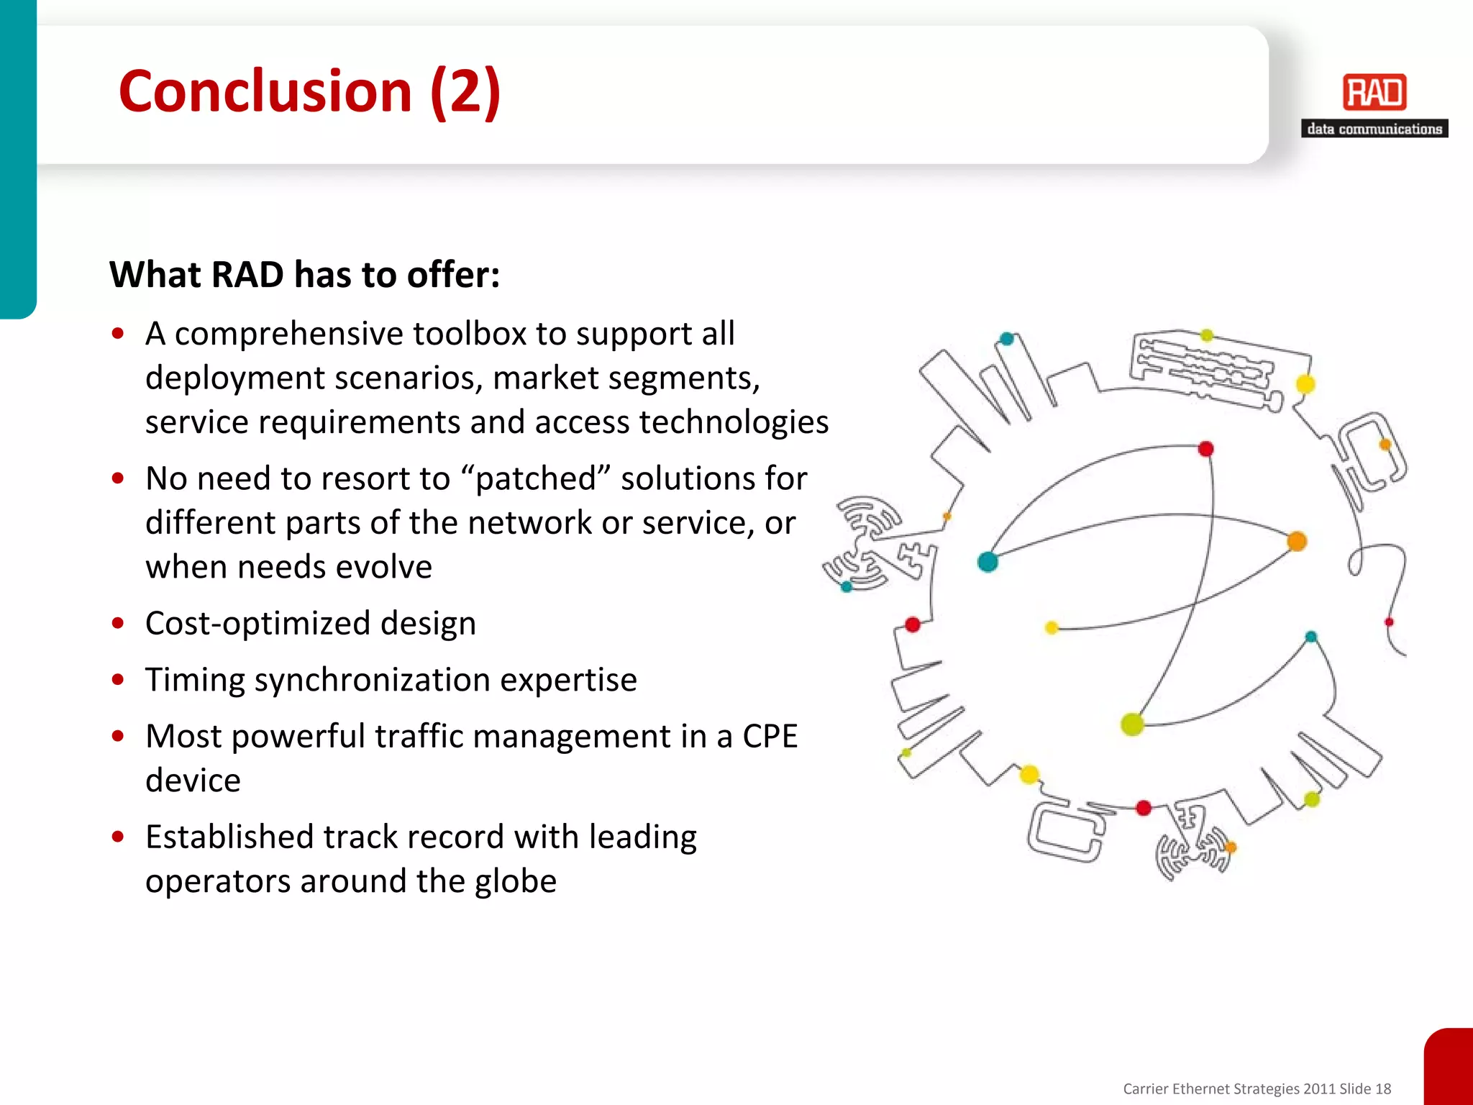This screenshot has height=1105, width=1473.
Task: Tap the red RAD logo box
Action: pyautogui.click(x=1374, y=93)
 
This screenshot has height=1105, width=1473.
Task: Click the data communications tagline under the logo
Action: pyautogui.click(x=1374, y=129)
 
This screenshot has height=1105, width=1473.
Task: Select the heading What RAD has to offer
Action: pyautogui.click(x=304, y=275)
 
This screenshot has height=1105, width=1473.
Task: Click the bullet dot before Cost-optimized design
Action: pyautogui.click(x=119, y=623)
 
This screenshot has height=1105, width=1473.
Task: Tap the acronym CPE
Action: pyautogui.click(x=770, y=736)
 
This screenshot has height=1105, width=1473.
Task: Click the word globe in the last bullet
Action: pyautogui.click(x=516, y=881)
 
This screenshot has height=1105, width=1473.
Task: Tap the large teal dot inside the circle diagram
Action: pyautogui.click(x=988, y=562)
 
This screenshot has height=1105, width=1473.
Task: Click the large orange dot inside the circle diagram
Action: pyautogui.click(x=1297, y=541)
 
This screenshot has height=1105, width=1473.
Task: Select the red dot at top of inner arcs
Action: pyautogui.click(x=1206, y=449)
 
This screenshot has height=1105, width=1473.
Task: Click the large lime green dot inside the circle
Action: pyautogui.click(x=1133, y=724)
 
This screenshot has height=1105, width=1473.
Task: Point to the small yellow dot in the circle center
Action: pyautogui.click(x=1052, y=628)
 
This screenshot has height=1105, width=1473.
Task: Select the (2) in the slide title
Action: pyautogui.click(x=465, y=91)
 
